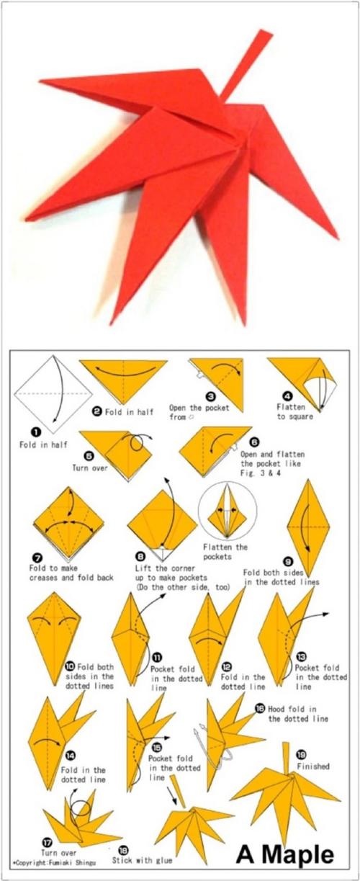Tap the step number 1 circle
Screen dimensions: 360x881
tap(36, 433)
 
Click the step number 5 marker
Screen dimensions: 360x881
tap(89, 456)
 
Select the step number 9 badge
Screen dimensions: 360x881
tap(289, 562)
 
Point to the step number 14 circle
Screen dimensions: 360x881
tap(71, 756)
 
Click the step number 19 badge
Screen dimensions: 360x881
tap(302, 754)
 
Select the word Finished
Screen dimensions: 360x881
tap(313, 766)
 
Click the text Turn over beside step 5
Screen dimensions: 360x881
tap(89, 468)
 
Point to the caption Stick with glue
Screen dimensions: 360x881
tap(143, 861)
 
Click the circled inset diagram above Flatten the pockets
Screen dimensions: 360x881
tap(228, 511)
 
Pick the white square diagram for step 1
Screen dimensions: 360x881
tap(53, 394)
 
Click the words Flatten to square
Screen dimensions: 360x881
tap(294, 411)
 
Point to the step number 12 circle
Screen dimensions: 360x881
tap(227, 666)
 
